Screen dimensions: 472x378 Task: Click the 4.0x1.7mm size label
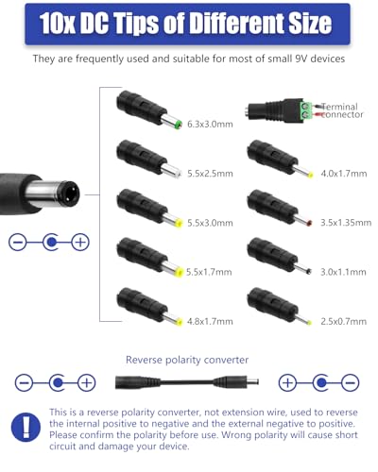click(x=343, y=173)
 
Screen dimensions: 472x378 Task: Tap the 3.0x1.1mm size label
click(x=343, y=272)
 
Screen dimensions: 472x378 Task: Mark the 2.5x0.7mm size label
click(x=343, y=321)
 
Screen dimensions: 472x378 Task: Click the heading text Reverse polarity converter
click(x=188, y=360)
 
